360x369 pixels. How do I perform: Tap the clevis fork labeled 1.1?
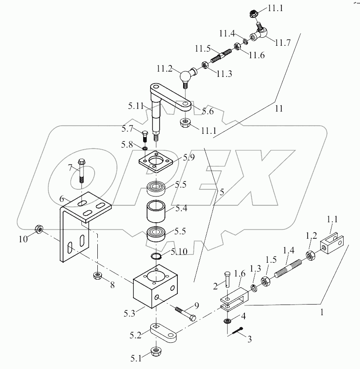[x=331, y=243]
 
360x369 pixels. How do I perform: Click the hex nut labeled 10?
[x=39, y=229]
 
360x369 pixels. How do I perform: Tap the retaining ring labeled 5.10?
[x=154, y=257]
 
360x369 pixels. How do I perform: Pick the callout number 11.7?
[x=283, y=43]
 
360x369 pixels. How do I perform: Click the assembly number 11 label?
[x=279, y=108]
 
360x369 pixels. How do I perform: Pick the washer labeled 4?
[x=228, y=321]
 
